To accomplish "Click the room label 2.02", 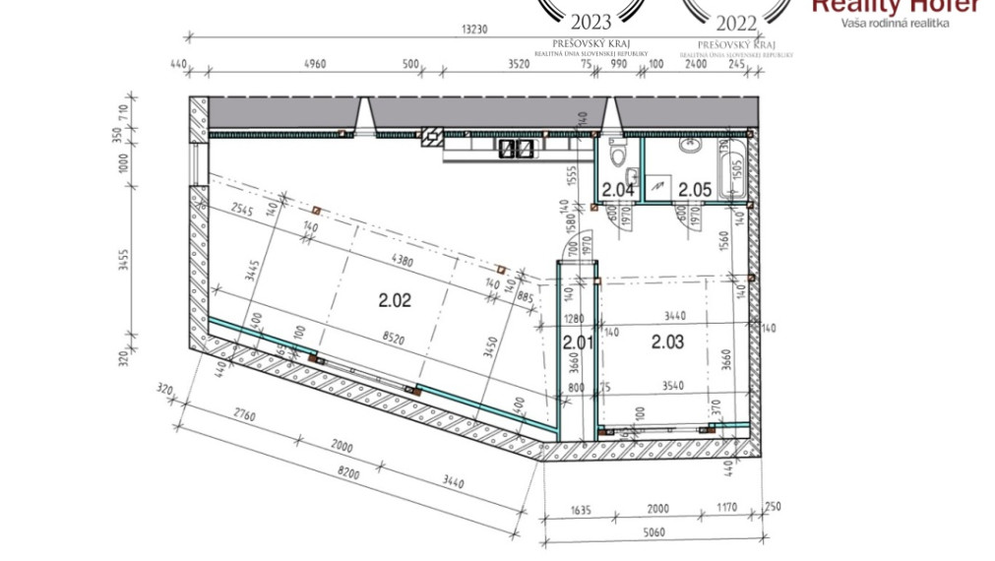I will (x=394, y=301).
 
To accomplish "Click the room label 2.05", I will (x=694, y=190).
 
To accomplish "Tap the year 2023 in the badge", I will (x=591, y=22).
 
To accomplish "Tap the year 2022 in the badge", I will (x=737, y=22).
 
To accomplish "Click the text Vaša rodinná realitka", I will (x=895, y=23).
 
